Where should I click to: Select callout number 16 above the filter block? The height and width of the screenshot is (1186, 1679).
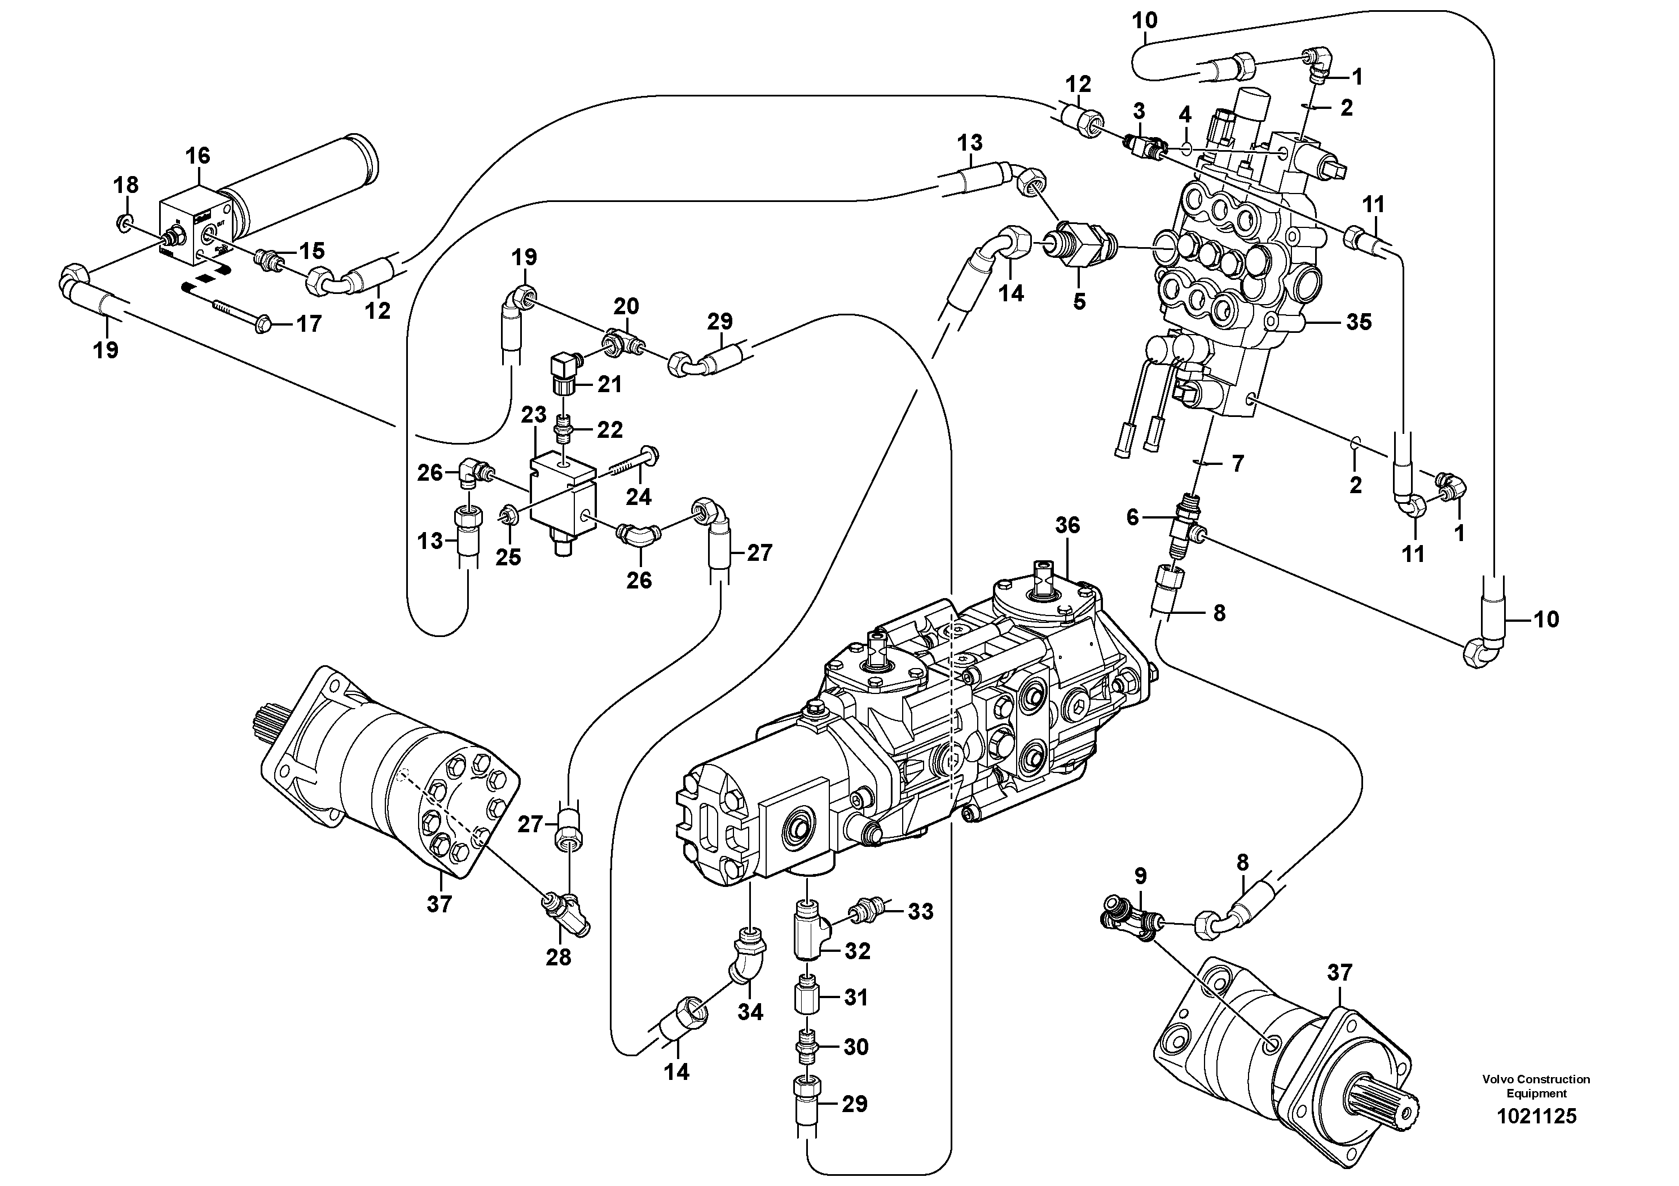click(x=197, y=156)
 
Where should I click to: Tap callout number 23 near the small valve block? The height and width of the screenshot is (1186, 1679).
click(x=534, y=415)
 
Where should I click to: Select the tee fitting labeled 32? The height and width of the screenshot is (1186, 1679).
click(x=808, y=932)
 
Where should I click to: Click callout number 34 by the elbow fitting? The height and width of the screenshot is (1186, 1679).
click(x=750, y=1012)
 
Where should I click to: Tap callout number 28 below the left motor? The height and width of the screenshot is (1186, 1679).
click(x=559, y=957)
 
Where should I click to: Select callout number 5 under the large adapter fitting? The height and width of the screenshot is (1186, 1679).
click(x=1079, y=301)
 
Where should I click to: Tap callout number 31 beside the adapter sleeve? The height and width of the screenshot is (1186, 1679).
click(x=856, y=998)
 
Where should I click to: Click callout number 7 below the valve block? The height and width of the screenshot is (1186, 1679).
click(x=1237, y=464)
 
